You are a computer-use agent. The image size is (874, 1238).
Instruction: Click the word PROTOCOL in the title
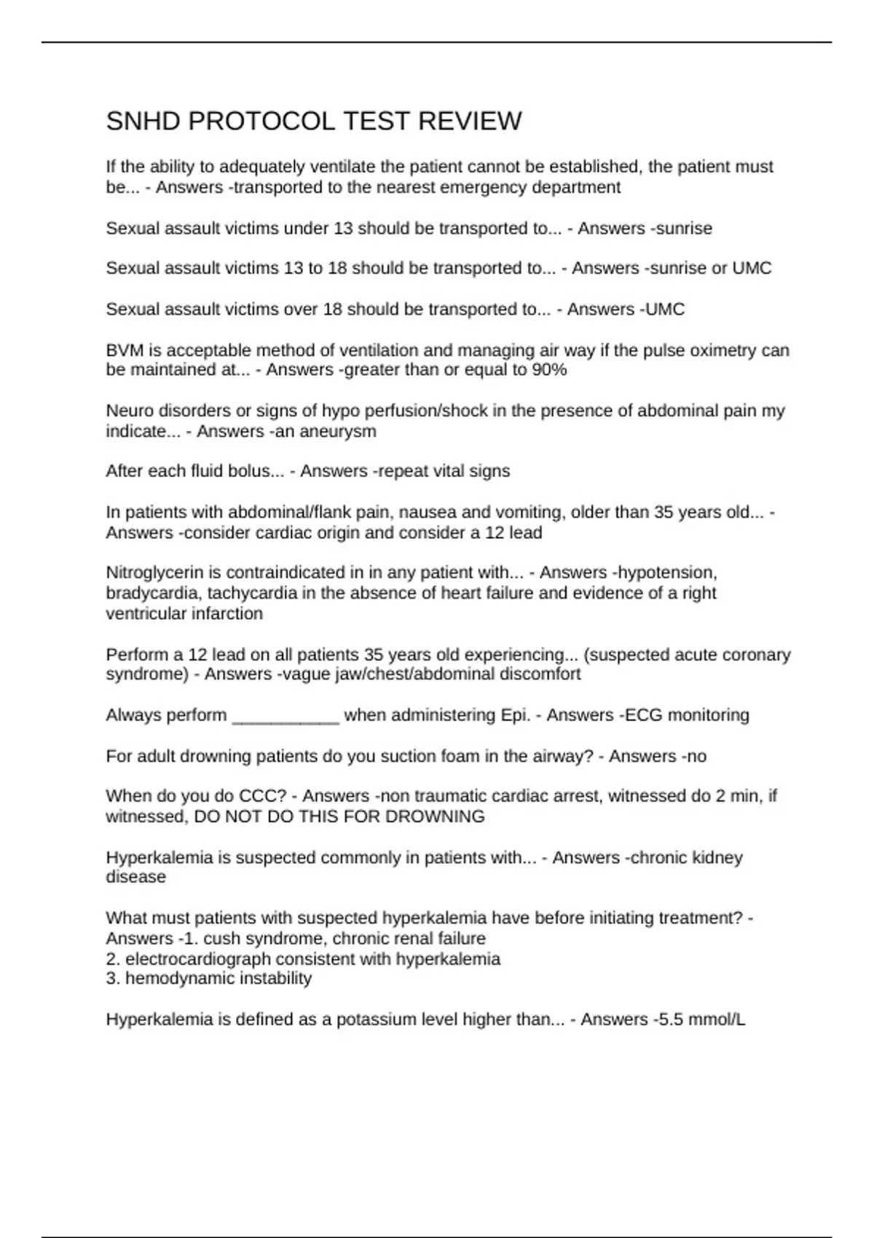(x=262, y=121)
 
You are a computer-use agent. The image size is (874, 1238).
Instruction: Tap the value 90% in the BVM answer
(x=549, y=370)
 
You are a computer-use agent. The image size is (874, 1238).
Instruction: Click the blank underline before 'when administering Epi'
(x=286, y=715)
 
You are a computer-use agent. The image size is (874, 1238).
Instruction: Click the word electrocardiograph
(x=185, y=959)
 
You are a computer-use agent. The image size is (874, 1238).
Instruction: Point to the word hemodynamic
(x=170, y=978)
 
